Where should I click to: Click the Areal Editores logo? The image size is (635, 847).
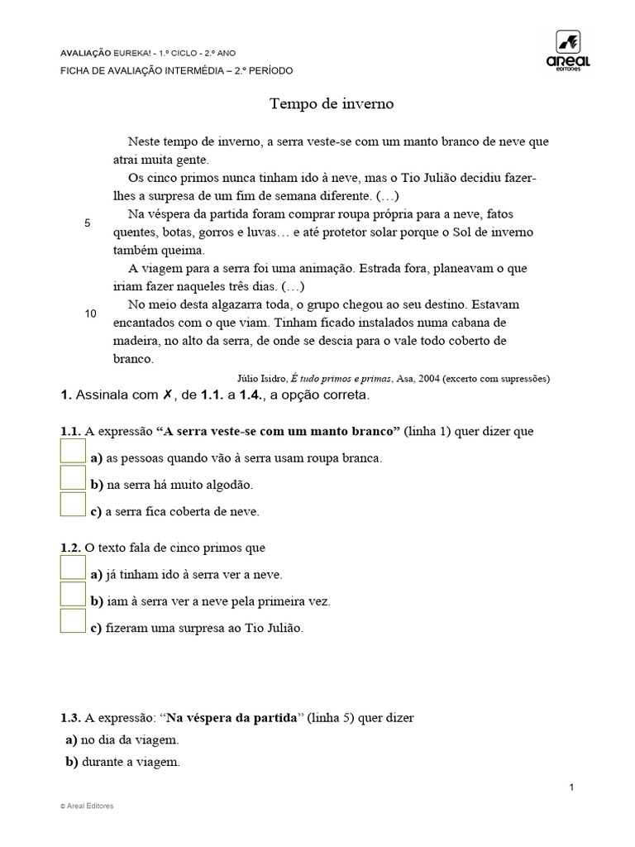[568, 51]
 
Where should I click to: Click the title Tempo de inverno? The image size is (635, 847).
[332, 104]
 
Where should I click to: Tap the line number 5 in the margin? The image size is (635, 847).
[88, 223]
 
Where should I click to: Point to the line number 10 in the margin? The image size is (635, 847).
[91, 313]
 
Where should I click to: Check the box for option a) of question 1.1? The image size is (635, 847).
[73, 451]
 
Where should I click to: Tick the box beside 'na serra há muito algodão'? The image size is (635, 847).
[73, 477]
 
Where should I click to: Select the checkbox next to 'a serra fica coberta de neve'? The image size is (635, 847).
[73, 505]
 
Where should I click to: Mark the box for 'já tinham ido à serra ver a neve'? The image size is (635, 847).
[73, 567]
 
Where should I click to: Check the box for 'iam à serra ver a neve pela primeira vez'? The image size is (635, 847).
[73, 594]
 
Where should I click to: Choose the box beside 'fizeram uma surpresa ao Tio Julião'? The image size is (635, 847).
[73, 621]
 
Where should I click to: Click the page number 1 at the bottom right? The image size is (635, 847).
[571, 786]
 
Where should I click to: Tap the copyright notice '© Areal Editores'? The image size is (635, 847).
[87, 806]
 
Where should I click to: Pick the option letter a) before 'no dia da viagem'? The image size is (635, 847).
[72, 740]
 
